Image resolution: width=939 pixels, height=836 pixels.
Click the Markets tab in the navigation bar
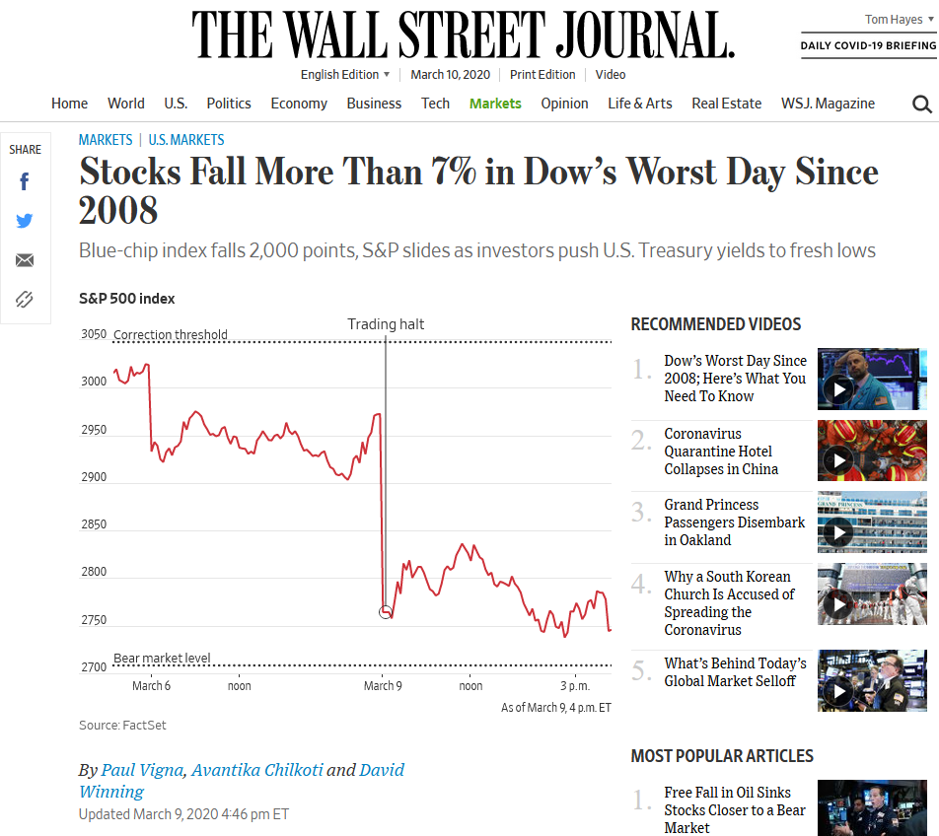coord(495,104)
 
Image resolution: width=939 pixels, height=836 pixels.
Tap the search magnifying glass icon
coord(921,104)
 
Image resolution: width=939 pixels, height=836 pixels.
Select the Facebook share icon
coord(25,181)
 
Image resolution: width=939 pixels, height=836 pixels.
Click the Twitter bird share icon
coord(25,221)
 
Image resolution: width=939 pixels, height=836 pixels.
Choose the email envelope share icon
coord(25,260)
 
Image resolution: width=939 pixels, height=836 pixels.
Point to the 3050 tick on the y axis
coord(94,334)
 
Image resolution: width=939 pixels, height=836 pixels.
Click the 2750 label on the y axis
coord(94,620)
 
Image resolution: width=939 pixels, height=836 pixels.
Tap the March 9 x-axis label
coord(383,686)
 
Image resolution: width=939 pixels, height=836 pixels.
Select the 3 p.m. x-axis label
coord(574,686)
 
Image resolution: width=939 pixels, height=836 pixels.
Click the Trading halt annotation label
coord(386,324)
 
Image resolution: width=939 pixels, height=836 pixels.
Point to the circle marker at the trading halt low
coord(386,612)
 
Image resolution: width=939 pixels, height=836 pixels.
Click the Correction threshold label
coord(171,335)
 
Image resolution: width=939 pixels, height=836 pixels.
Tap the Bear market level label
coord(162,659)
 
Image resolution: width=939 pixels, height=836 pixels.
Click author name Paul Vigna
coord(142,770)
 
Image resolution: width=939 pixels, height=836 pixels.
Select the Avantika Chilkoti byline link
coord(257,770)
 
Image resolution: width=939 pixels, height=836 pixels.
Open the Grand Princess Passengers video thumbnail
coord(872,522)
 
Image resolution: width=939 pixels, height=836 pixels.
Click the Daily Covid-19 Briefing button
coord(868,45)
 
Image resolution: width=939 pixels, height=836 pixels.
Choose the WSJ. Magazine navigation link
coord(828,104)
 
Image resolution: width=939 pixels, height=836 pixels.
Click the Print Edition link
coord(542,75)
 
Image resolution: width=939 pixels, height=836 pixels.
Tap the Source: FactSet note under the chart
coord(122,726)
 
